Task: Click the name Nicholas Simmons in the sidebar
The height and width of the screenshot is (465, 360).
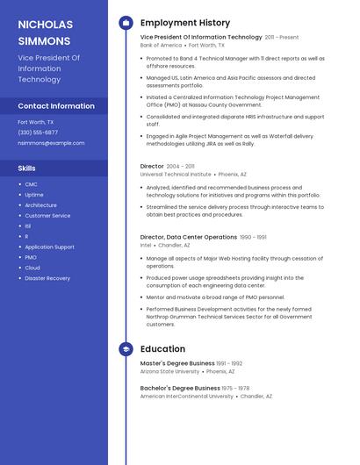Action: coord(46,32)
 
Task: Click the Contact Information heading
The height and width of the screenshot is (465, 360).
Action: coord(56,106)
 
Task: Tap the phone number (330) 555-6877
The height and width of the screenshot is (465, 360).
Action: coord(38,132)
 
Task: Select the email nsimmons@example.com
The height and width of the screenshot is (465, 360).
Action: coord(51,143)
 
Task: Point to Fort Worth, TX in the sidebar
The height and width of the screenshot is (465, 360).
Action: coord(36,122)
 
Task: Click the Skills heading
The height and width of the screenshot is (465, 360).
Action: coord(26,168)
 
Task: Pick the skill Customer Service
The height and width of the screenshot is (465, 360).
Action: coord(47,216)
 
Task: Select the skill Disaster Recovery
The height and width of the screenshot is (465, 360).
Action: coord(47,278)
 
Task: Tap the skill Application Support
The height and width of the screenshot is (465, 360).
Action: coord(49,247)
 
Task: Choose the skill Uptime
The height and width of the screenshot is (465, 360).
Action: coord(33,195)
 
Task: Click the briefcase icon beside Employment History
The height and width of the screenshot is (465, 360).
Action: coord(126,23)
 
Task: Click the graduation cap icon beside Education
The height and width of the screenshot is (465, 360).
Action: coord(126,349)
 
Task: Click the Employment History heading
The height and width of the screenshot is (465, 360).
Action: coord(185,23)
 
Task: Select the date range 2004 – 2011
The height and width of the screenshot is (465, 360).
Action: coord(181,166)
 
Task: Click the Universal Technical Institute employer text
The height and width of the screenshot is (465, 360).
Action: coord(176,174)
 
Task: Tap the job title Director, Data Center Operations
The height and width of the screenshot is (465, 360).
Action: coord(188,237)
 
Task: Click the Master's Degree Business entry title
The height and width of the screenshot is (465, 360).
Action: coord(177,363)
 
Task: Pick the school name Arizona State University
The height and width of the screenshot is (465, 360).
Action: coord(169,371)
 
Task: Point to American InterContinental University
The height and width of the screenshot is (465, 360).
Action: coord(187,396)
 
